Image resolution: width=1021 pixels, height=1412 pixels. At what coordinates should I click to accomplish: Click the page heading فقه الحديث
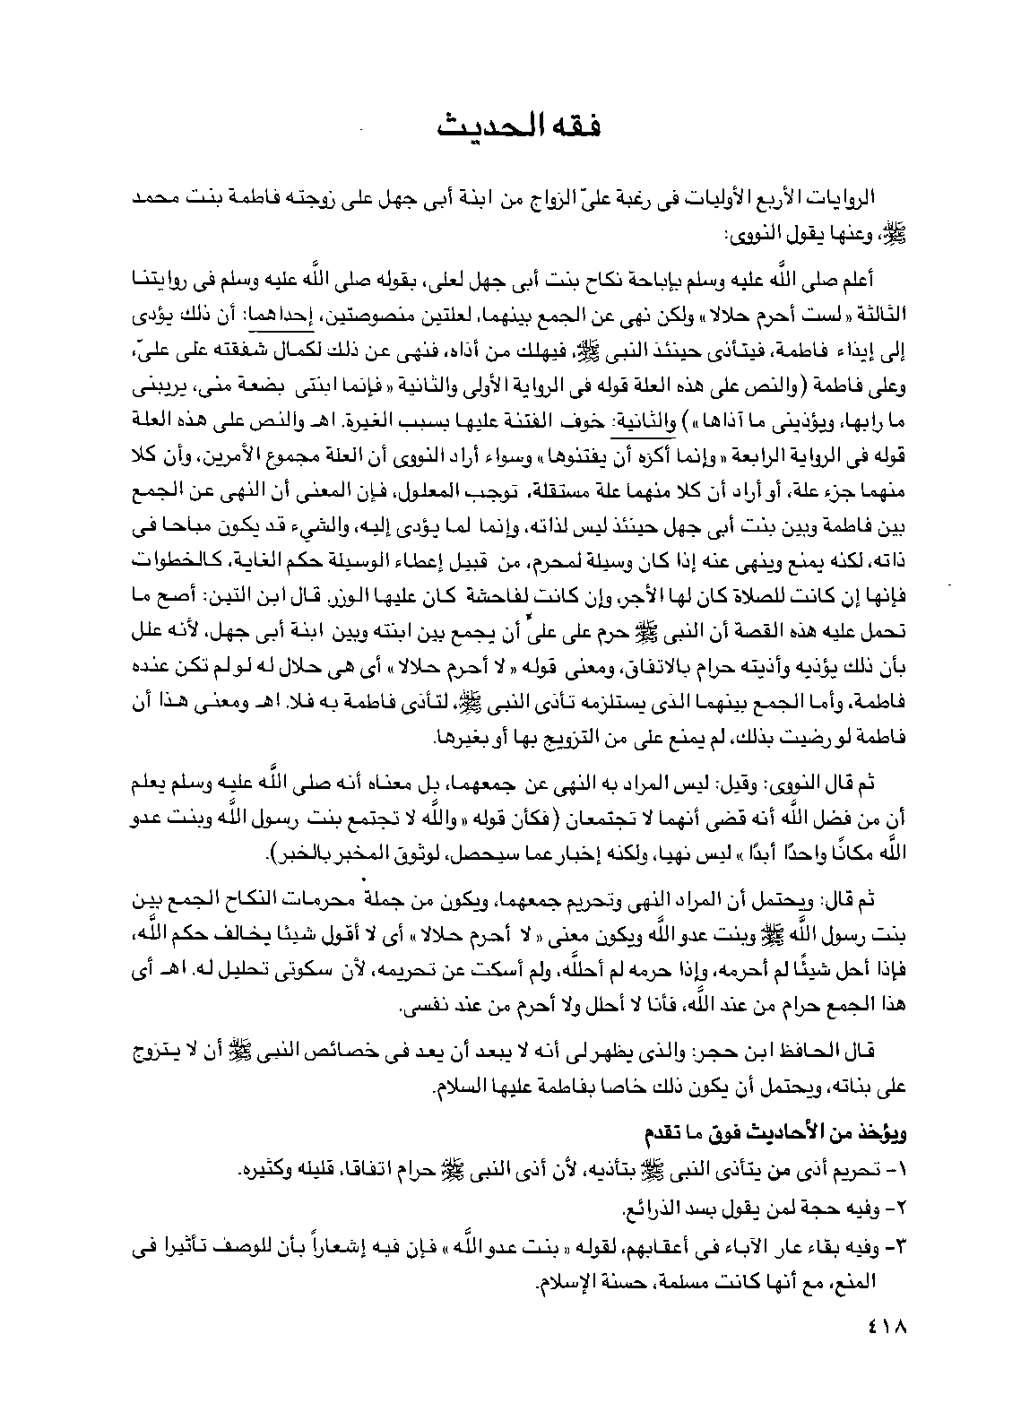click(519, 126)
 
